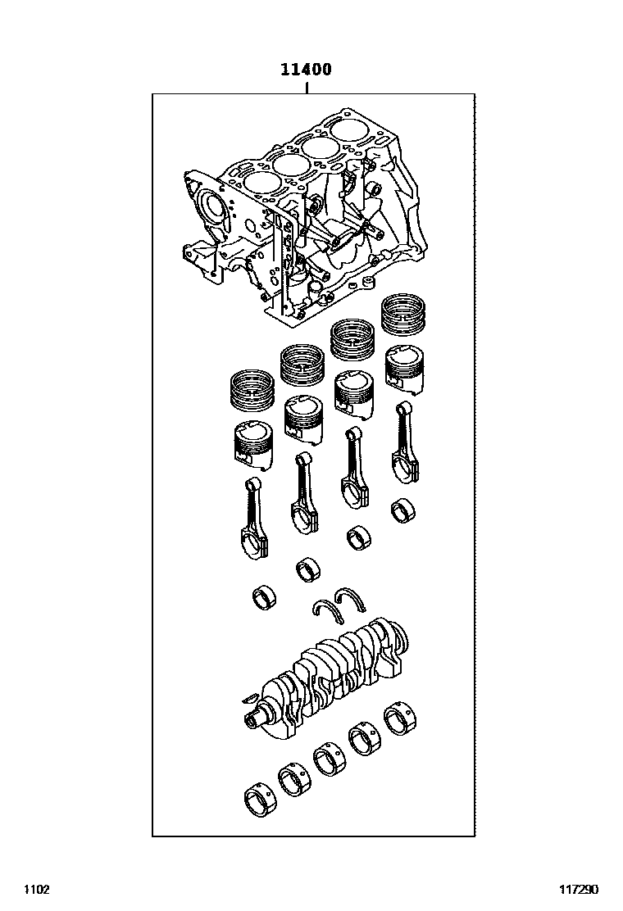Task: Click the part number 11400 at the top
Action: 307,70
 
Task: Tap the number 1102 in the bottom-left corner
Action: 37,890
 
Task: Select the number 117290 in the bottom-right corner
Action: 580,890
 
